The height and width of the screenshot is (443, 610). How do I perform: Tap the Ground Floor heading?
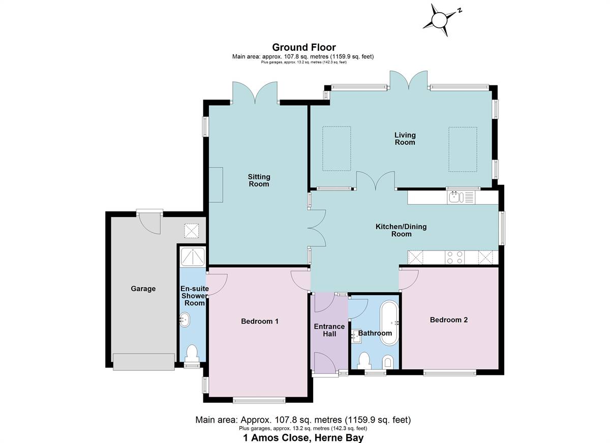coord(304,47)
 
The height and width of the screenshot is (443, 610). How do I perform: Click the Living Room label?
coord(405,139)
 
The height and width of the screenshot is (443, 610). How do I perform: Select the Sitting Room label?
coord(259,180)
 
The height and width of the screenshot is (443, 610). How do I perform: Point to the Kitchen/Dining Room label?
coord(401,230)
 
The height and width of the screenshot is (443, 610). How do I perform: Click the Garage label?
coord(143,289)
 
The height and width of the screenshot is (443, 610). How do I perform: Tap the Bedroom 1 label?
coord(260,322)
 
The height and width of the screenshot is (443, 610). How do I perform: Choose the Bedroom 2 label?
coord(449,320)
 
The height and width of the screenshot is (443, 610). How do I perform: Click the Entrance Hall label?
coord(329,330)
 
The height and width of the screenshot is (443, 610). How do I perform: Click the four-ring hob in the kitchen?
coord(455,258)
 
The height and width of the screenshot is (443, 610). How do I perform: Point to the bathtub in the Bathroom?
coord(389,323)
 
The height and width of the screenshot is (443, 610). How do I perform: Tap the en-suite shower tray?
coord(193,257)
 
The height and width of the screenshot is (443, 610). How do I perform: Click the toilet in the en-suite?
coord(192,354)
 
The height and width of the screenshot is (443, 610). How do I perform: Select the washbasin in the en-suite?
coord(185,320)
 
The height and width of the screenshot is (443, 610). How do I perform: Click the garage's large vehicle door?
coord(144,362)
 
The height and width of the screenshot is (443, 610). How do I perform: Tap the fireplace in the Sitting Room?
coord(216,185)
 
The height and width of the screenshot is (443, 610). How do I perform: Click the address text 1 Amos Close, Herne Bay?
coord(303,438)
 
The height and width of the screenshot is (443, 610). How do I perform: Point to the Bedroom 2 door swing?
coord(409,279)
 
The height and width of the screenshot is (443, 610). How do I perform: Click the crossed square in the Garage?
coord(192,231)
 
